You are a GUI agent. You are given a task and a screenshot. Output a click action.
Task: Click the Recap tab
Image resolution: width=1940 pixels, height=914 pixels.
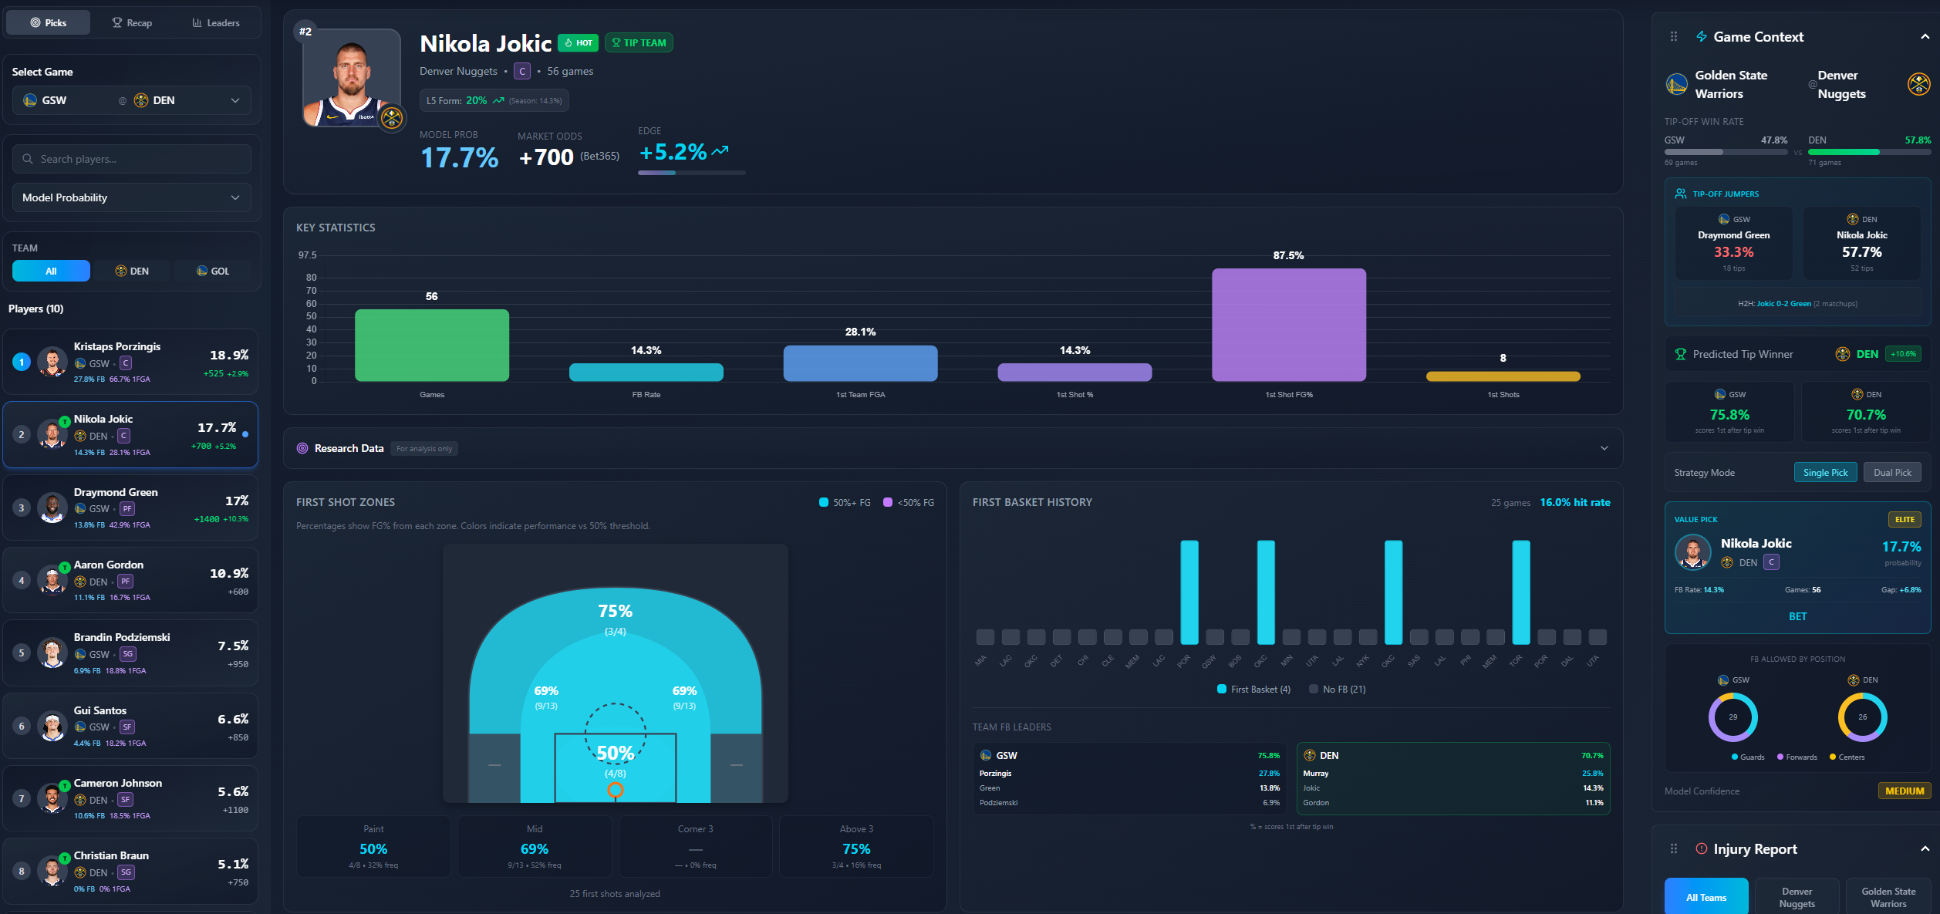coord(132,22)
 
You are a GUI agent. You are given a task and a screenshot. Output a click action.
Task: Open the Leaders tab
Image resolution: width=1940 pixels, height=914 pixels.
coord(216,22)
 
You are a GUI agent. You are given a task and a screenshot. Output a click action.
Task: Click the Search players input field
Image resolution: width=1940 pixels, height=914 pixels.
coord(132,159)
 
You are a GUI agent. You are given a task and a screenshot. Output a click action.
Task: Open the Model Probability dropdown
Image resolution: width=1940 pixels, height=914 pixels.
coord(132,197)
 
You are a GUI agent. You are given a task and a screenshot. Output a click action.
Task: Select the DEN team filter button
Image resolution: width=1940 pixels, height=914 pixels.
coord(132,271)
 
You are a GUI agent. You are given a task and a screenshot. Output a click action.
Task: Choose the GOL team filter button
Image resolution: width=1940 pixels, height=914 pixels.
coord(213,271)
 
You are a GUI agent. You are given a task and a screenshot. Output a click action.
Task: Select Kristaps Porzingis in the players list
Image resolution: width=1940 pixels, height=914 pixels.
coord(130,362)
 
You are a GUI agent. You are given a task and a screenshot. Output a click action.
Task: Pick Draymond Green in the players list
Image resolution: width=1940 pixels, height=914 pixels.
coord(130,508)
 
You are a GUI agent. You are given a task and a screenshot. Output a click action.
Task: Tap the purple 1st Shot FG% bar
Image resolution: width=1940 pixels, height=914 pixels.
coord(1288,325)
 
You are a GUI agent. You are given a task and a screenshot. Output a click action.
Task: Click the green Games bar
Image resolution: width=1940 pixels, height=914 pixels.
coord(431,345)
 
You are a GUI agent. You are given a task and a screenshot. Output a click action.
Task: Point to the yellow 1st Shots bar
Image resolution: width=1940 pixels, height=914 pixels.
coord(1503,376)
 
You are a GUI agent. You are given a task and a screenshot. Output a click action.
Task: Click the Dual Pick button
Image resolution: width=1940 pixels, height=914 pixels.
coord(1891,472)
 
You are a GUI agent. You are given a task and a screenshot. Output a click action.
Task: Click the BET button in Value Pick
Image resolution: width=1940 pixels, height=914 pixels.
coord(1797,616)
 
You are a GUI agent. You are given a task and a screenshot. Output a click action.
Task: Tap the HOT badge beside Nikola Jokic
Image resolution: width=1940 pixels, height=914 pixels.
coord(579,42)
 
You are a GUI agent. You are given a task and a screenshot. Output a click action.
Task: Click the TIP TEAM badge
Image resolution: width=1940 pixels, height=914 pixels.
coord(639,42)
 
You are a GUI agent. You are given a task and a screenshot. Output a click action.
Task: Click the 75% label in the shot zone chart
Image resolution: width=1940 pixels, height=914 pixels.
coord(615,611)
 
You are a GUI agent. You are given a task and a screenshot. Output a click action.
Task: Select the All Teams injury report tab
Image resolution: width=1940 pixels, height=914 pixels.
coord(1706,897)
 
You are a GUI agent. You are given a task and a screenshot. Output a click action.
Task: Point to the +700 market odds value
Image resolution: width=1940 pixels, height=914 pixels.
coord(546,157)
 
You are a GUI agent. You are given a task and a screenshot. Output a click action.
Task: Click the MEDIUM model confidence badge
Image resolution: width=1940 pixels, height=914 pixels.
coord(1904,791)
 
